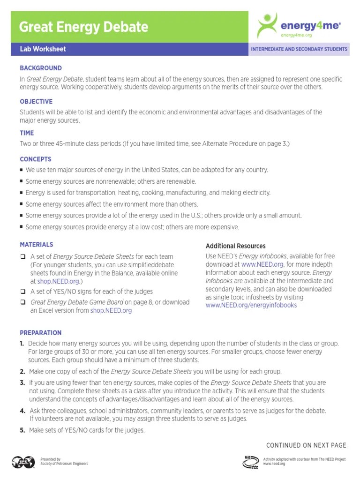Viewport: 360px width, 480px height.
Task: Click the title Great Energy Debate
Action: pyautogui.click(x=83, y=27)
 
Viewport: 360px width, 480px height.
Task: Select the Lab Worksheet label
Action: pyautogui.click(x=43, y=49)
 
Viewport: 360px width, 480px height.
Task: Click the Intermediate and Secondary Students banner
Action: pyautogui.click(x=299, y=49)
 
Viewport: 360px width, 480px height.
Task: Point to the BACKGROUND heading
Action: pyautogui.click(x=41, y=68)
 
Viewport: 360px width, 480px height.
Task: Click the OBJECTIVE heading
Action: pyautogui.click(x=36, y=101)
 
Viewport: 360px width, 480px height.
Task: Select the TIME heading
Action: pyautogui.click(x=27, y=133)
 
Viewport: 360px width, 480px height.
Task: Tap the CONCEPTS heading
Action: pyautogui.click(x=36, y=159)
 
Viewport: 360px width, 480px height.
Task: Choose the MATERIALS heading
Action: pyautogui.click(x=37, y=244)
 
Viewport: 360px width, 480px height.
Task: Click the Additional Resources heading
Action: pyautogui.click(x=235, y=246)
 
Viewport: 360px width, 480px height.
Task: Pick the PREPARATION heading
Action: pyautogui.click(x=41, y=333)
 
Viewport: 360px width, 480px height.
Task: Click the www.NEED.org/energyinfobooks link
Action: pyautogui.click(x=251, y=305)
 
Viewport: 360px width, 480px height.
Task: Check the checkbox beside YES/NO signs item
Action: pyautogui.click(x=22, y=291)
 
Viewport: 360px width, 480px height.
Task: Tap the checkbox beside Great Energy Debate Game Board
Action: pyautogui.click(x=22, y=302)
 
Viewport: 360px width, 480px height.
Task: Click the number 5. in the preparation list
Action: pyautogui.click(x=22, y=430)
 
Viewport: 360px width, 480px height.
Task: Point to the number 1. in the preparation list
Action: pyautogui.click(x=22, y=344)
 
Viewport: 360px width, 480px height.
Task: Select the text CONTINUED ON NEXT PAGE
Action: pyautogui.click(x=306, y=445)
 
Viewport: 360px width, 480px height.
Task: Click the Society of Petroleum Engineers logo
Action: pyautogui.click(x=23, y=462)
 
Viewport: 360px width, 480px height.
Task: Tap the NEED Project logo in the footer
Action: pyautogui.click(x=251, y=462)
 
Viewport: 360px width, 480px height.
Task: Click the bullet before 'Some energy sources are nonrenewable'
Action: pyautogui.click(x=22, y=181)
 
